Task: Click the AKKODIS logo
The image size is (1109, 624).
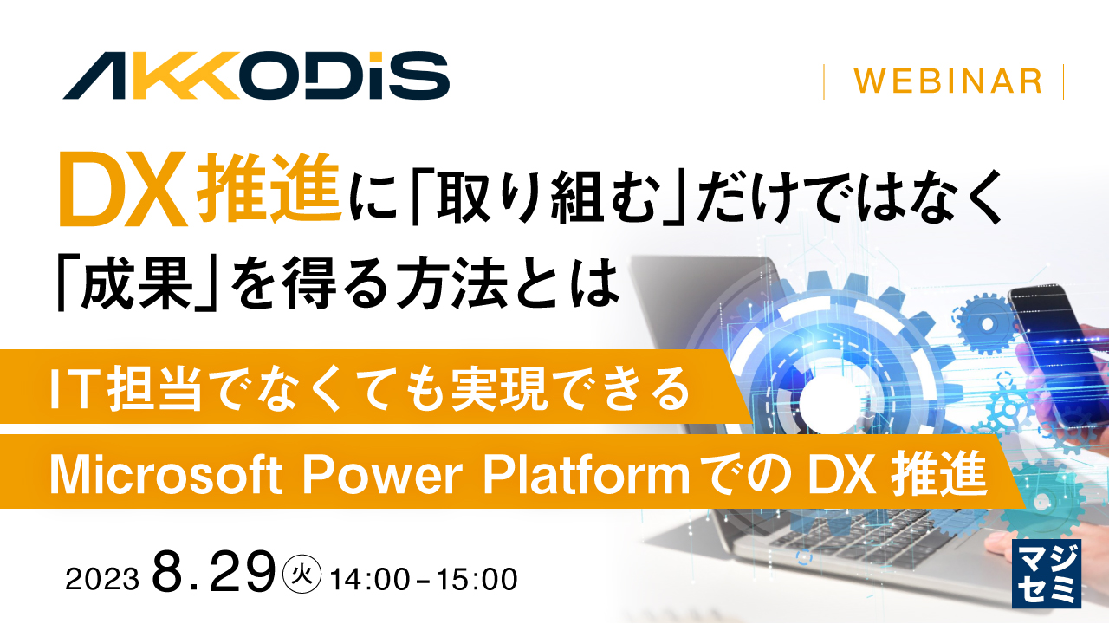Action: (256, 75)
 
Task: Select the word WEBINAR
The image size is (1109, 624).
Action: (947, 81)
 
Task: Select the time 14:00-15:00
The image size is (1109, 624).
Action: (424, 578)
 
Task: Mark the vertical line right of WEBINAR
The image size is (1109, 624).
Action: (1062, 81)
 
